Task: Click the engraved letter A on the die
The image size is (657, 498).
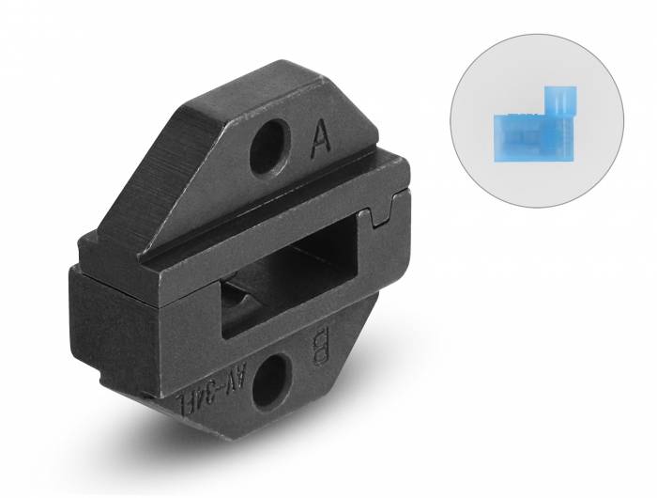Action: [x=320, y=143]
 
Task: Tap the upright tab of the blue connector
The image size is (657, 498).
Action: [x=561, y=101]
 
